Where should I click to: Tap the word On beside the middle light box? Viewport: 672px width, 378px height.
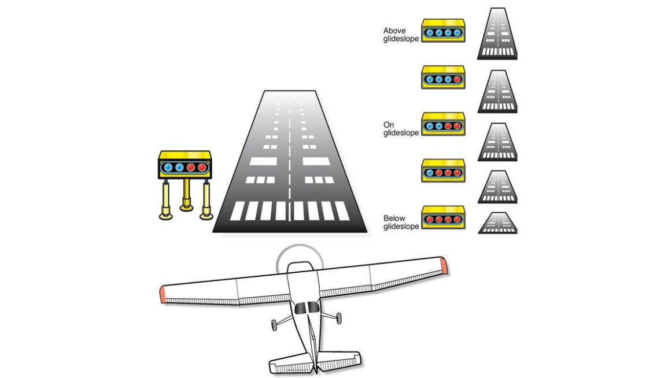coord(388,125)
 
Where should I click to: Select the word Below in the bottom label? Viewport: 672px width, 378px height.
coord(394,218)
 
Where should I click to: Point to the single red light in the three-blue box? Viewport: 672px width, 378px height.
coord(458,79)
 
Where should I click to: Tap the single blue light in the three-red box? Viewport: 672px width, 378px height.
coord(429,172)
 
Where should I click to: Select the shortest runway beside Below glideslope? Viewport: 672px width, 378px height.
coord(497,223)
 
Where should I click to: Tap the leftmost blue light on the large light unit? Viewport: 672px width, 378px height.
coord(168,168)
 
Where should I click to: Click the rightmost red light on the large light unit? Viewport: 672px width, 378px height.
coord(201,168)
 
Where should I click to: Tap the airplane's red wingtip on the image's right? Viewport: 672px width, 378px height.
coord(444,265)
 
